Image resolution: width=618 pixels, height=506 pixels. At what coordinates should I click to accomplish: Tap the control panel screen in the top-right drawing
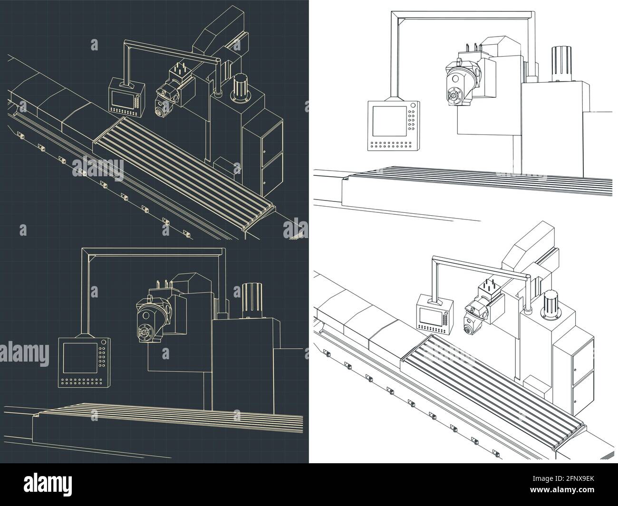[x=388, y=121]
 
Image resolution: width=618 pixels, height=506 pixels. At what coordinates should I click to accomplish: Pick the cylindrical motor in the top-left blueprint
[x=241, y=87]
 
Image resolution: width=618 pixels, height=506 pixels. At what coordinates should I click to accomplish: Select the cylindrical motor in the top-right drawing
[x=559, y=64]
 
